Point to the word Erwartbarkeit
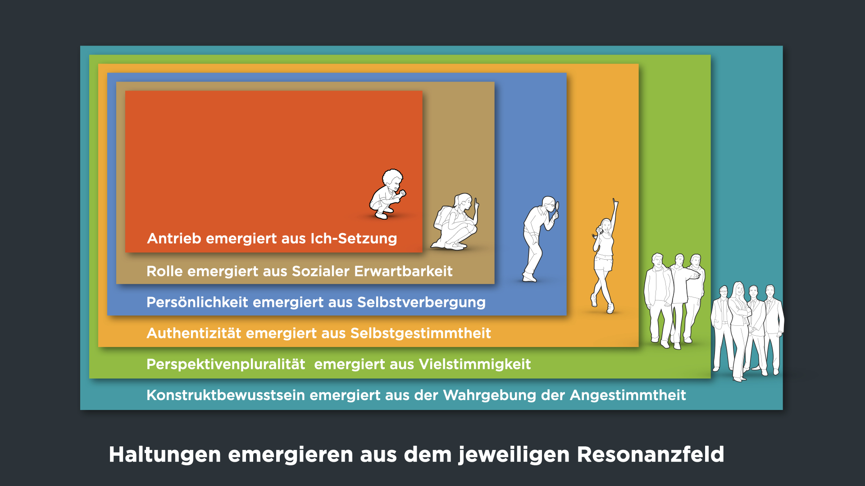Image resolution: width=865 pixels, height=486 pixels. pos(403,271)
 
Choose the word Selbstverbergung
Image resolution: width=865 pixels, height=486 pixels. pos(421,302)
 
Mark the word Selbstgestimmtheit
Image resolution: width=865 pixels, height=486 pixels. pos(420,333)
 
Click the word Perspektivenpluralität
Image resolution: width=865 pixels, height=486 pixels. pos(226,364)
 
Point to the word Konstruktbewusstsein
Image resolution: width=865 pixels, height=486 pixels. pos(226,395)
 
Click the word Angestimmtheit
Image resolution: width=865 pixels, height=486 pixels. pos(628,395)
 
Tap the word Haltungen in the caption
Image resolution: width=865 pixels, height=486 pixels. pos(165,454)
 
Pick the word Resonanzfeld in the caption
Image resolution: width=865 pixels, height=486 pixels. pos(651,454)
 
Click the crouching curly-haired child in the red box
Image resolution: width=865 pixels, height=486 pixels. pos(387,194)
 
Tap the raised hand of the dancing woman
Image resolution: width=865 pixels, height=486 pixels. pos(615,202)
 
